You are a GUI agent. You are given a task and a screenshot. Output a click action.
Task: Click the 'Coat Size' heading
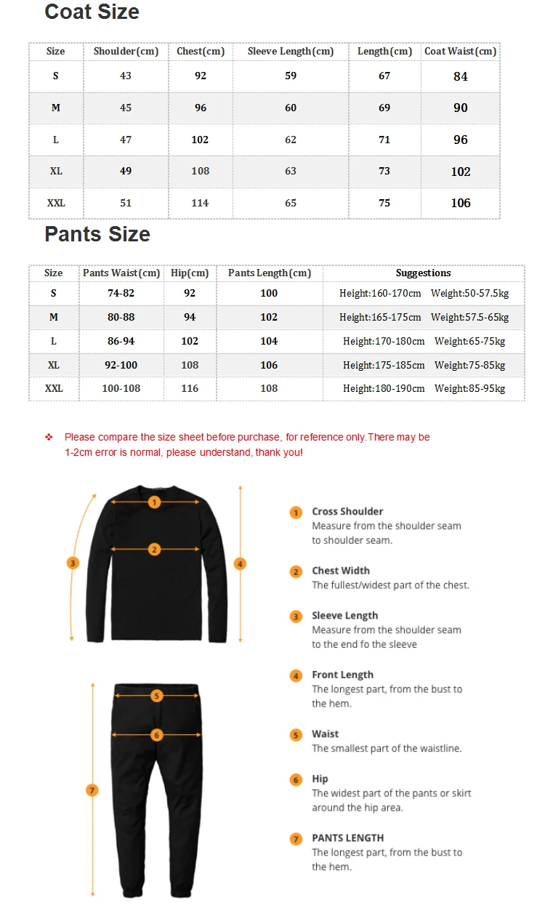pyautogui.click(x=92, y=12)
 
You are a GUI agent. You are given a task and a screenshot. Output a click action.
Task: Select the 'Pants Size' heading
pyautogui.click(x=97, y=234)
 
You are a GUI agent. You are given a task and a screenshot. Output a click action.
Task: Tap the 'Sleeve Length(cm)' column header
pyautogui.click(x=291, y=52)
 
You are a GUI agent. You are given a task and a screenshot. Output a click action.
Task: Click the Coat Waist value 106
pyautogui.click(x=461, y=203)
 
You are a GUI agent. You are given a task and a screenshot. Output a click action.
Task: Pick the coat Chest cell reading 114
pyautogui.click(x=201, y=203)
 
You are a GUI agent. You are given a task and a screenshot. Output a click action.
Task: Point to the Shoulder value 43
pyautogui.click(x=126, y=76)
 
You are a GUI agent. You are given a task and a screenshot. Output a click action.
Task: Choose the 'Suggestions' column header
pyautogui.click(x=423, y=273)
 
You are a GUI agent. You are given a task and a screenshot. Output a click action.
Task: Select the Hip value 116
pyautogui.click(x=190, y=388)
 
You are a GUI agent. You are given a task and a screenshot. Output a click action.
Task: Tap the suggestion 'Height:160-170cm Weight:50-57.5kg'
pyautogui.click(x=424, y=293)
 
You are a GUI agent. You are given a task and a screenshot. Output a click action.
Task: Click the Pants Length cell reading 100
pyautogui.click(x=269, y=293)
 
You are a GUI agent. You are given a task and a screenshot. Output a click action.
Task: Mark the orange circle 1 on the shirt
pyautogui.click(x=154, y=502)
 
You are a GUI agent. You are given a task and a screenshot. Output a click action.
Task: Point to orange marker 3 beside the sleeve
pyautogui.click(x=73, y=563)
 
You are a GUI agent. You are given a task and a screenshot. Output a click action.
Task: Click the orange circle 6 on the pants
pyautogui.click(x=156, y=735)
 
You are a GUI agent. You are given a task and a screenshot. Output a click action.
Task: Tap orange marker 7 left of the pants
pyautogui.click(x=92, y=790)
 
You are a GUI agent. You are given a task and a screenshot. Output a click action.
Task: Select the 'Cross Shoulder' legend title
pyautogui.click(x=347, y=512)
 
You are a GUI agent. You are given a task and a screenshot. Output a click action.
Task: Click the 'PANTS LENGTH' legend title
pyautogui.click(x=347, y=838)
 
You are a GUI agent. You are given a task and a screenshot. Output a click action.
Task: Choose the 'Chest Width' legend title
pyautogui.click(x=341, y=571)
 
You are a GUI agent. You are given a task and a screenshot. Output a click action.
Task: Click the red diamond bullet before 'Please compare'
pyautogui.click(x=49, y=437)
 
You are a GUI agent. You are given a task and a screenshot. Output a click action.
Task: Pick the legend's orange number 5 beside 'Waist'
pyautogui.click(x=296, y=735)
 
